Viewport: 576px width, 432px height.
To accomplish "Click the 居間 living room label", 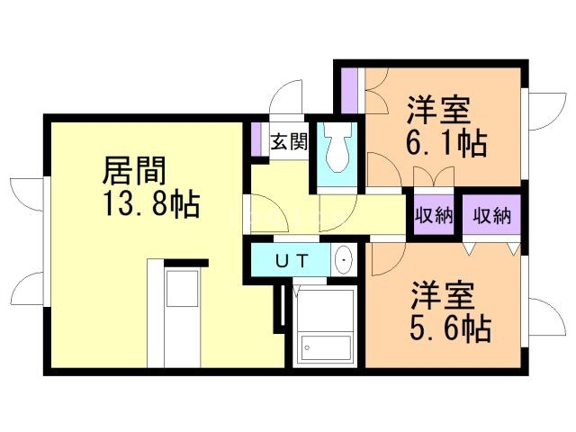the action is tap(134, 170).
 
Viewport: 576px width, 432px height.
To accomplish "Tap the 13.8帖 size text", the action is tap(151, 203).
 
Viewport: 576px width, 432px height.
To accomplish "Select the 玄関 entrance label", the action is tap(289, 141).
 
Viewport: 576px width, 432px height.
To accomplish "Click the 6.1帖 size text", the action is tap(446, 143).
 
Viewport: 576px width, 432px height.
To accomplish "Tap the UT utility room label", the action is tap(292, 261).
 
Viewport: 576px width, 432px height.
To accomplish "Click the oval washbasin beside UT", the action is tap(344, 260).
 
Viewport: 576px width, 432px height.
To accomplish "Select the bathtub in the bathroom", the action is tap(325, 347).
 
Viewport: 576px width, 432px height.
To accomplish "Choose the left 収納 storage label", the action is tap(434, 215).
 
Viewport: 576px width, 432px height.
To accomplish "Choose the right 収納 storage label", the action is tap(492, 215).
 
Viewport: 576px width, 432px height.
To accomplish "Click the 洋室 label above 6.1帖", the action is tap(438, 110).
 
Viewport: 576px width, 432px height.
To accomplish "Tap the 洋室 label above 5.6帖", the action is tap(442, 296).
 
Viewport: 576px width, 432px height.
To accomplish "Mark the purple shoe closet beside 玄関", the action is tap(256, 139).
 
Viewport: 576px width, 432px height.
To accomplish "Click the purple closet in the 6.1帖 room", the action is tap(349, 91).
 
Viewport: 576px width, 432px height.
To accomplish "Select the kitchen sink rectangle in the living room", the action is tap(183, 288).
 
